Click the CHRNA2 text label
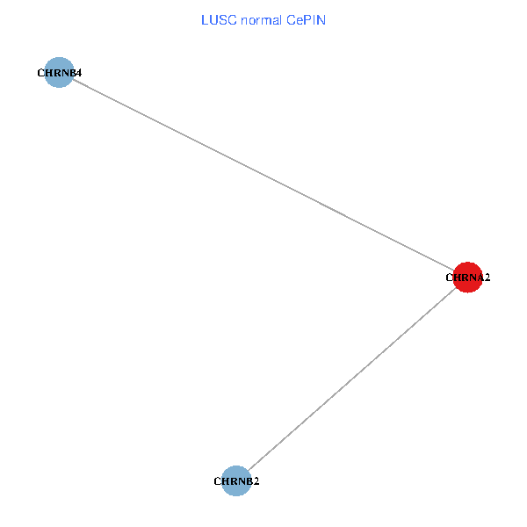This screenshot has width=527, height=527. (x=467, y=278)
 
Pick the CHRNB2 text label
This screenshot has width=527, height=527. (x=236, y=481)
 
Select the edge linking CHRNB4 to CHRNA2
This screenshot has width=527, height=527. (x=263, y=176)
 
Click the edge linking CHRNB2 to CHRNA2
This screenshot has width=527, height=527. (x=351, y=378)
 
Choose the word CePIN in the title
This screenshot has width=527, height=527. (x=307, y=18)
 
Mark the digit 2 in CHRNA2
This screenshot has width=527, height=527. (x=487, y=278)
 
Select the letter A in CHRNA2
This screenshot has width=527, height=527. (x=479, y=278)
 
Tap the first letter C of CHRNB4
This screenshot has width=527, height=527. (x=40, y=73)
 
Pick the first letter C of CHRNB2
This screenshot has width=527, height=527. (x=217, y=481)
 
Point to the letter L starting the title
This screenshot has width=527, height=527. (x=205, y=18)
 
